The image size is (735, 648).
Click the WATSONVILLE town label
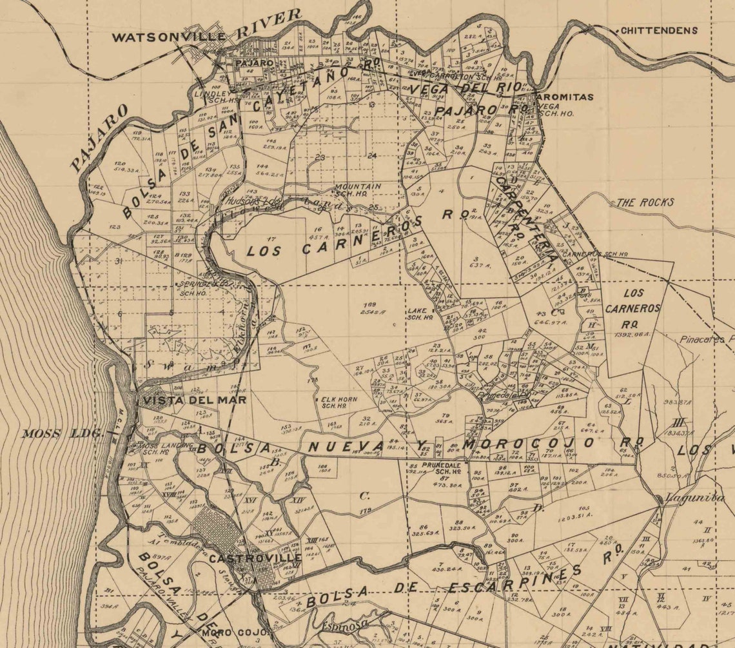pyautogui.click(x=169, y=37)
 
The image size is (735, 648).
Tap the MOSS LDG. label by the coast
pyautogui.click(x=62, y=433)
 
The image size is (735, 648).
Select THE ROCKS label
pyautogui.click(x=645, y=202)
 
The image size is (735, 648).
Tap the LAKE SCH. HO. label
pyautogui.click(x=419, y=313)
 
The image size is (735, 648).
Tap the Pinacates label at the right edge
pyautogui.click(x=707, y=339)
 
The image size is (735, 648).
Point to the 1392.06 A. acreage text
pyautogui.click(x=632, y=336)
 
